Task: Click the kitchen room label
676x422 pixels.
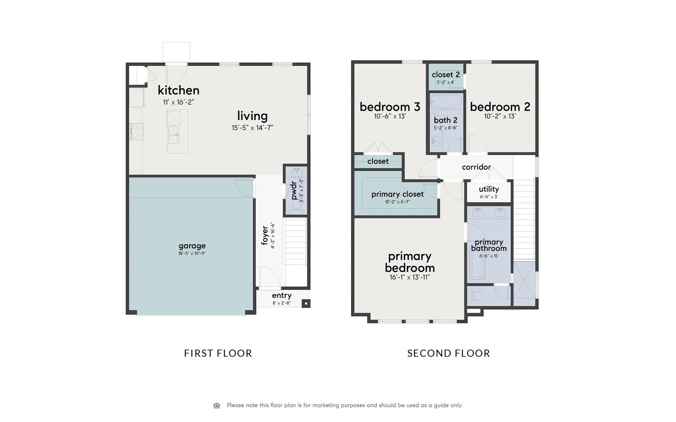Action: [178, 90]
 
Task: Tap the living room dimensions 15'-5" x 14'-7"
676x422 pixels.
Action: [252, 128]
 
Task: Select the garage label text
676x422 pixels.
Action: [192, 246]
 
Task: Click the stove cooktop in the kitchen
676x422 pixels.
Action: [136, 131]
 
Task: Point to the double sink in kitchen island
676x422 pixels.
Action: [174, 135]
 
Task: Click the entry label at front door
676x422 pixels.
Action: [282, 296]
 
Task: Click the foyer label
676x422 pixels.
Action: [265, 235]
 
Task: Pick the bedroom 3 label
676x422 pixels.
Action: [389, 107]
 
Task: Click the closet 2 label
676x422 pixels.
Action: [446, 75]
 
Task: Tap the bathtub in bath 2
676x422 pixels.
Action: [446, 102]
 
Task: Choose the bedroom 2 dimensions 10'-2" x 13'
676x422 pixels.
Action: [500, 116]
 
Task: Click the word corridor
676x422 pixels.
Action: [476, 167]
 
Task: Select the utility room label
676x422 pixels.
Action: [489, 189]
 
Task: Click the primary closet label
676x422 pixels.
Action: [397, 194]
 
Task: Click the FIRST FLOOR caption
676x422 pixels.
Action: [218, 353]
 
